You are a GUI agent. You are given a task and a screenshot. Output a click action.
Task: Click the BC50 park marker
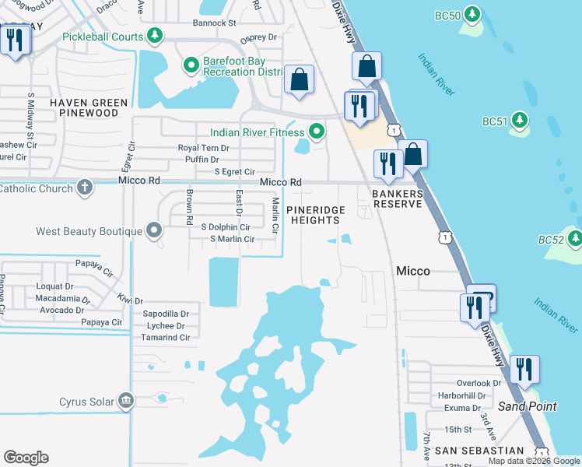[472, 14]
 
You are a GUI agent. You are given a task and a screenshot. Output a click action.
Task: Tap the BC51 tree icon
[521, 121]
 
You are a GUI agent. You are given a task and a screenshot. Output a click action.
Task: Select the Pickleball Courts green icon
[156, 36]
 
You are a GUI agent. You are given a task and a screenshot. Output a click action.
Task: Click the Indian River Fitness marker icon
[317, 132]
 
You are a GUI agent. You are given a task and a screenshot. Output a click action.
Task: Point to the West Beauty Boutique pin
[154, 230]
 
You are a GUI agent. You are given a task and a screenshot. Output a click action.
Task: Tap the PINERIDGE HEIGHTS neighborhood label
[314, 216]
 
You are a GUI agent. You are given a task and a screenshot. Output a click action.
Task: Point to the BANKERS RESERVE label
[397, 198]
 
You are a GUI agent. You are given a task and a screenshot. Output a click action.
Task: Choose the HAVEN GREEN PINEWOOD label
[88, 107]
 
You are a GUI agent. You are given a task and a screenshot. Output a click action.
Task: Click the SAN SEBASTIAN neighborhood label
[479, 451]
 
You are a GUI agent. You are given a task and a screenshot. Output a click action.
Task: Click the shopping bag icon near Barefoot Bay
[298, 80]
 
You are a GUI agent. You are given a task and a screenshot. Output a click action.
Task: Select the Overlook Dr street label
[480, 383]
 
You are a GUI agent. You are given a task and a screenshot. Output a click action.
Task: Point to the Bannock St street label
[215, 23]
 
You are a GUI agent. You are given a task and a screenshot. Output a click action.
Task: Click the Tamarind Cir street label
[166, 338]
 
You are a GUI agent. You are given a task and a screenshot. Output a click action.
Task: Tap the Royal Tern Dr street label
[204, 147]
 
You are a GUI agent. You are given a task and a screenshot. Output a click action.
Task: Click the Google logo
[26, 458]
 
